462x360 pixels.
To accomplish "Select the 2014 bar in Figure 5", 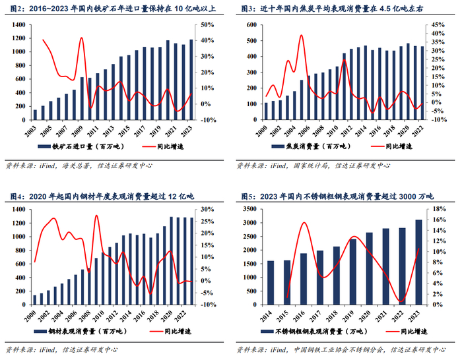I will pos(270,282).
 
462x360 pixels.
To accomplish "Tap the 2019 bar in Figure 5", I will pos(353,271).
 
